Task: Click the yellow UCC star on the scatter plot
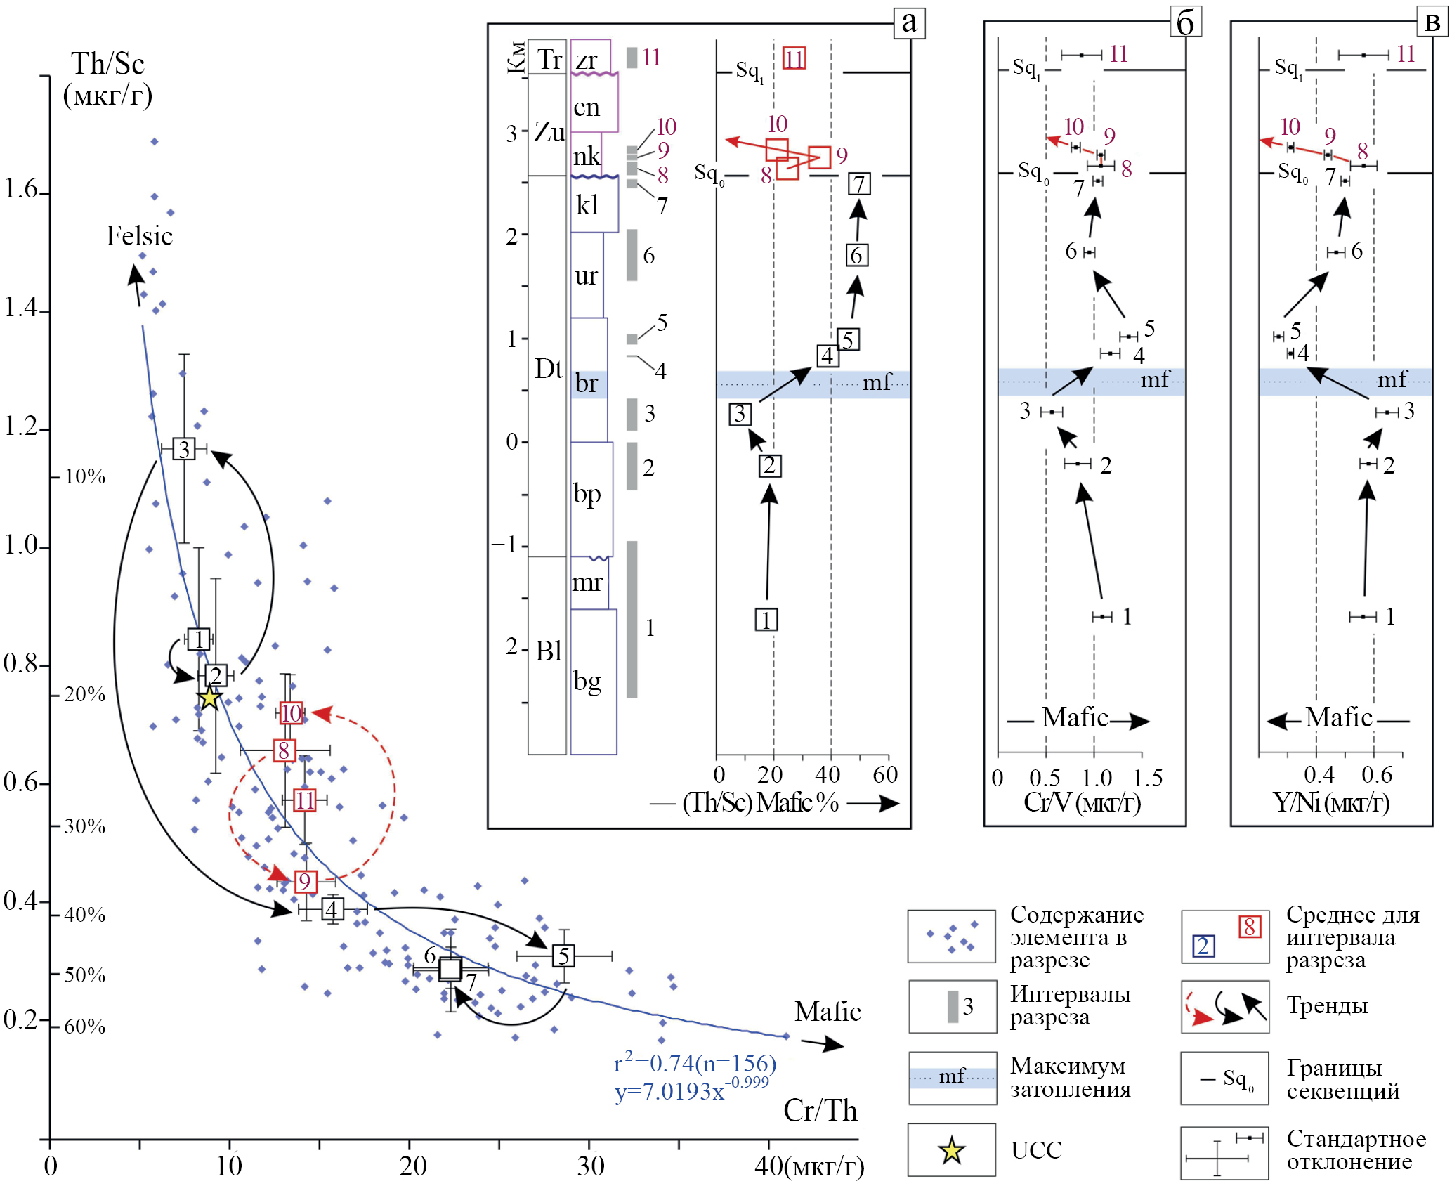209,698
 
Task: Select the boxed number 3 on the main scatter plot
184,448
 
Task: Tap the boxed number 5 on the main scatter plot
563,956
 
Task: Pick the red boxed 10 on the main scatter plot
291,713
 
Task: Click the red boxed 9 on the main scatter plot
305,881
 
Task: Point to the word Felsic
139,236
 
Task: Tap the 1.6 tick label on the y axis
21,189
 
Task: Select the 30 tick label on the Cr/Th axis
590,1166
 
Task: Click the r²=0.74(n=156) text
695,1063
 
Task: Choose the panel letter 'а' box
909,22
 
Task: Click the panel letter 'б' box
1186,22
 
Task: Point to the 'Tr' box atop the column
547,57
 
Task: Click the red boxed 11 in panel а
794,58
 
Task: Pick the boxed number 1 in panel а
766,620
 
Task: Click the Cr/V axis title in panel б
1082,802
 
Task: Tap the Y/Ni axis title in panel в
1331,802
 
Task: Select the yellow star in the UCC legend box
951,1150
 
